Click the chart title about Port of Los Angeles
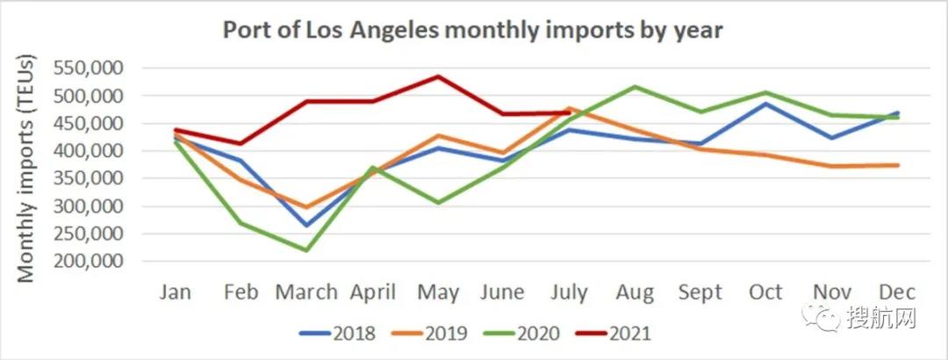[472, 30]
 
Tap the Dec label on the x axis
[897, 292]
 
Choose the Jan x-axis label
[176, 292]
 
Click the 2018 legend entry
[337, 334]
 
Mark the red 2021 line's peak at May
[439, 76]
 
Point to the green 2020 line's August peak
[636, 86]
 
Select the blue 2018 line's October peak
[765, 104]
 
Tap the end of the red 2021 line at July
[570, 112]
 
